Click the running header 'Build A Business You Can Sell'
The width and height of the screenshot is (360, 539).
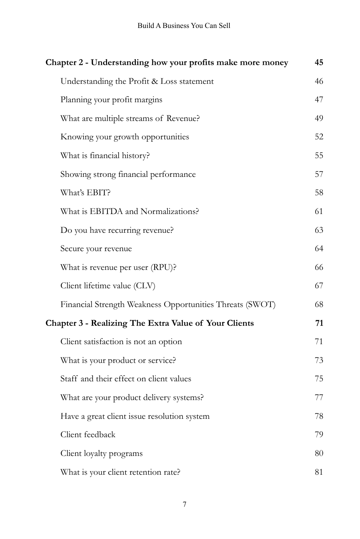(x=184, y=26)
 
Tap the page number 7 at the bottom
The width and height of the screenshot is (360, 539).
(x=184, y=504)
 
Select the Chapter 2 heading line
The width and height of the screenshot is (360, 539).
(x=167, y=63)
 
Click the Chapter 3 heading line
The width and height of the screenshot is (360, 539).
(x=149, y=323)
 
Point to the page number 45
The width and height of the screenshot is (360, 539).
(x=318, y=63)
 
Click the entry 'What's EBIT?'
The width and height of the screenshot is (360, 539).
(x=85, y=193)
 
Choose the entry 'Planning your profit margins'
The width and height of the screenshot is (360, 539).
(x=111, y=100)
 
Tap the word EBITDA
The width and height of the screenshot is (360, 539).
(x=106, y=212)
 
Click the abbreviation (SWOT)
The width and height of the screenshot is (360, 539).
(x=261, y=305)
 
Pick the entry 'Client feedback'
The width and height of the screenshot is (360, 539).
(x=88, y=435)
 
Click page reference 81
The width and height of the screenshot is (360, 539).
(x=318, y=472)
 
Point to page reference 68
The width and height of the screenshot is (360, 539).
(x=318, y=305)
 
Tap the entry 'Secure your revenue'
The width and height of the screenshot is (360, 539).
(x=96, y=249)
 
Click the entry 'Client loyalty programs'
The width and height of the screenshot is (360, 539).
(x=101, y=454)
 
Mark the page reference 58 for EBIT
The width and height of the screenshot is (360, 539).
(x=318, y=193)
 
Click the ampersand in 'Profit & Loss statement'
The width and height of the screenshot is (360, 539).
(x=155, y=81)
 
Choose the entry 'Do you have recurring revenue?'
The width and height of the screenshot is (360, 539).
(x=117, y=230)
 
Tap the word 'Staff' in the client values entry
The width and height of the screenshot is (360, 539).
(x=69, y=379)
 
